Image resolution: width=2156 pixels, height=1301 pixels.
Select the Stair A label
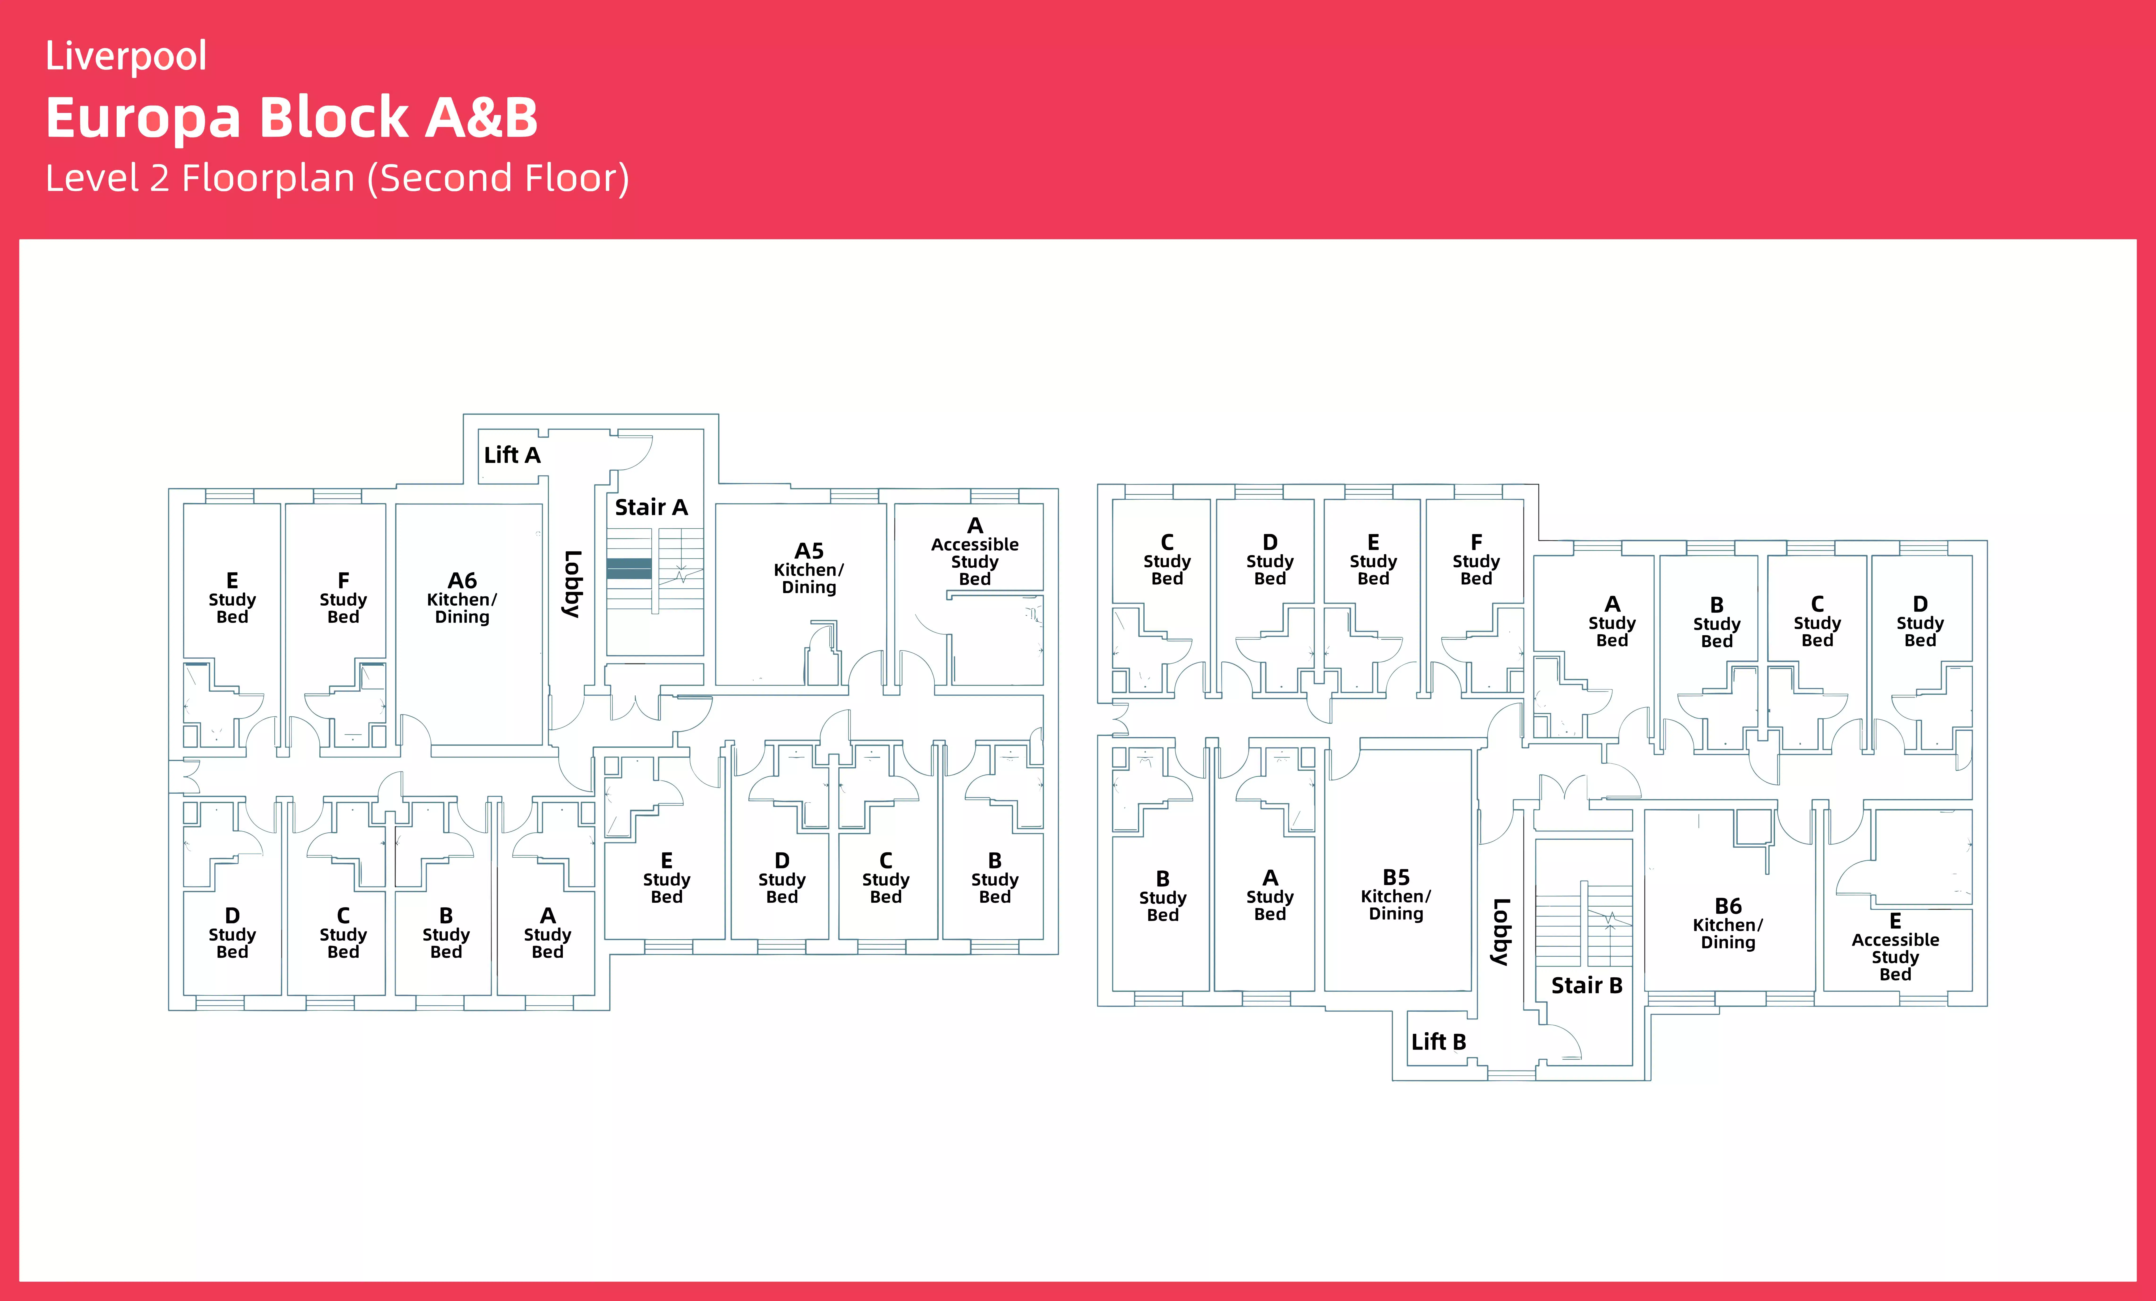point(651,508)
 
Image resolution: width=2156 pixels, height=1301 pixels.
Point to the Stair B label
point(1586,986)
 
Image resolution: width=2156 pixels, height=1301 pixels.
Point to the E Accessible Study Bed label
point(1895,947)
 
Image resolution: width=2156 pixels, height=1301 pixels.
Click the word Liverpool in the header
point(126,56)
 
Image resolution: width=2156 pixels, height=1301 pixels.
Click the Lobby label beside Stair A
point(572,584)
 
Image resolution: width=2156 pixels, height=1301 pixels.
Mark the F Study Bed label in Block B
point(1476,560)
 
